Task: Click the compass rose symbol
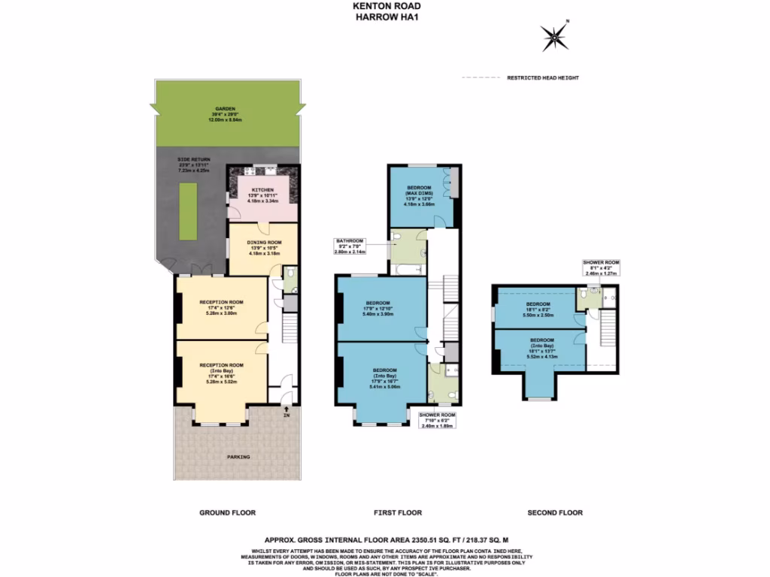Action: pyautogui.click(x=555, y=35)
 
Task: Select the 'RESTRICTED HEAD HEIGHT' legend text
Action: pyautogui.click(x=542, y=78)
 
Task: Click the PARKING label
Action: pyautogui.click(x=240, y=457)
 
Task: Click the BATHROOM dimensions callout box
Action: pyautogui.click(x=350, y=247)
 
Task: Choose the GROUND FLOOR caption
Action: pyautogui.click(x=227, y=513)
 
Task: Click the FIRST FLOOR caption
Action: pyautogui.click(x=398, y=513)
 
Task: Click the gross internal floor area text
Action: pyautogui.click(x=386, y=539)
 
